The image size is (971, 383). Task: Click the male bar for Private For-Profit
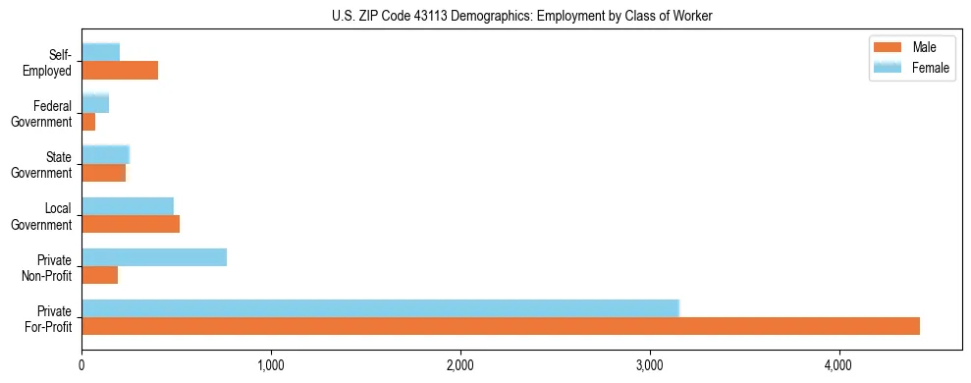(x=501, y=326)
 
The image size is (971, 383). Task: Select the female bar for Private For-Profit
(x=380, y=307)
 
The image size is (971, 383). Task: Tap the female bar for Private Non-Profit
(x=154, y=257)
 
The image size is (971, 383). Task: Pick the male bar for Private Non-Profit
(x=100, y=275)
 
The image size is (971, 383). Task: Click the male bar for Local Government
(x=131, y=224)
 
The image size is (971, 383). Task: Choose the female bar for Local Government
(x=128, y=206)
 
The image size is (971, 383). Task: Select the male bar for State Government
(x=104, y=173)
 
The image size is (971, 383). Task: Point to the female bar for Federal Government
(x=95, y=103)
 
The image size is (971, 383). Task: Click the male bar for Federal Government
(x=88, y=122)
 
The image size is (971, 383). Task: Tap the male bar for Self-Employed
(x=120, y=71)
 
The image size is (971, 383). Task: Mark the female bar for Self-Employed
(x=101, y=52)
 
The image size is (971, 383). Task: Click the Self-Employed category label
(x=53, y=62)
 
